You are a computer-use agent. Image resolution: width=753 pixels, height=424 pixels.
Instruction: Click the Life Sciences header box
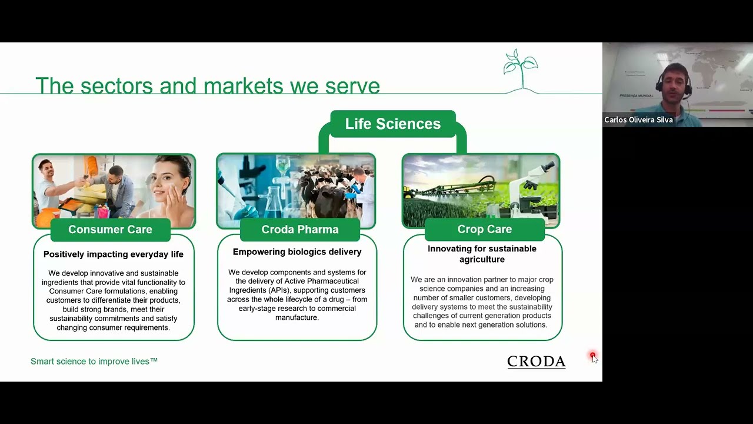point(392,124)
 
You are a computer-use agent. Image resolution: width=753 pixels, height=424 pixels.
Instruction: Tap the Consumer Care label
point(110,230)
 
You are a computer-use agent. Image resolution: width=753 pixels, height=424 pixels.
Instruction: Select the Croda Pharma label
point(300,230)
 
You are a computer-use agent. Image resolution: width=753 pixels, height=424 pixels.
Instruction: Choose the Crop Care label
point(484,229)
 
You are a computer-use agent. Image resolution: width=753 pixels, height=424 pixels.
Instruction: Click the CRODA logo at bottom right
point(537,362)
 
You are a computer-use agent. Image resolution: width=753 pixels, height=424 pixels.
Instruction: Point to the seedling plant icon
point(521,69)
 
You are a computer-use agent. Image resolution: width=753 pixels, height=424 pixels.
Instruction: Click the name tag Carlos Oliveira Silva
point(638,120)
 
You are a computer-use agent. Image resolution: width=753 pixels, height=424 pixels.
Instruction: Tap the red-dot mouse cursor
point(594,357)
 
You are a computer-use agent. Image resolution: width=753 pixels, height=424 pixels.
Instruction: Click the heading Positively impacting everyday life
point(114,254)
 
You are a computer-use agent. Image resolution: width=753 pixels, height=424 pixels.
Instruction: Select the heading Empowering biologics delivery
point(297,252)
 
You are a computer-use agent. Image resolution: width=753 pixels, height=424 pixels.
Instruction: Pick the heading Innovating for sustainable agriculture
point(482,254)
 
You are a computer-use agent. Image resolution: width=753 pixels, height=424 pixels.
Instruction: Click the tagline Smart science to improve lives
point(94,362)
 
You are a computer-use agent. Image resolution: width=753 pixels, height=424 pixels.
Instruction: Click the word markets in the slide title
point(244,86)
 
